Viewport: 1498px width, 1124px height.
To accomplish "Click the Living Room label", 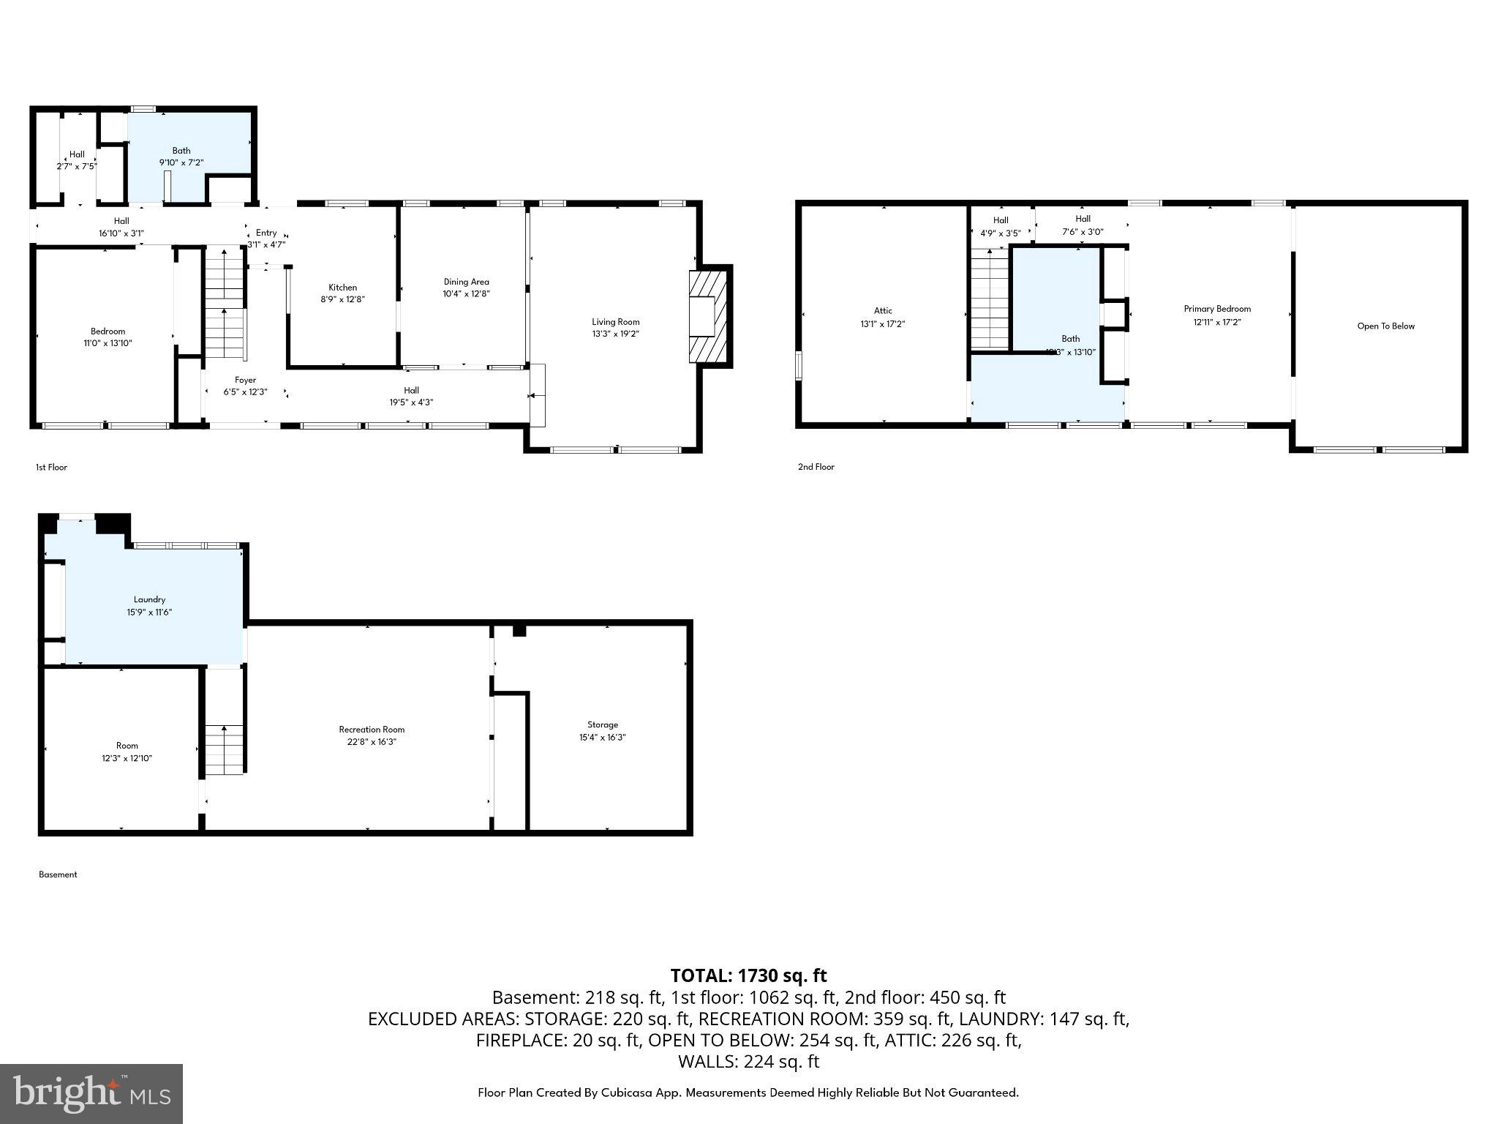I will coord(615,321).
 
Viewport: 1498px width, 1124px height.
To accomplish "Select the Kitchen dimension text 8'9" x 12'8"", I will coord(342,299).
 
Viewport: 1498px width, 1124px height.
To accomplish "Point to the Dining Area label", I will coord(466,282).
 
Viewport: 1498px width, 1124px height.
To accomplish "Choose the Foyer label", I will coord(245,380).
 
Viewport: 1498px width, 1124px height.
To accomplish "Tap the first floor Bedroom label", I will coord(108,331).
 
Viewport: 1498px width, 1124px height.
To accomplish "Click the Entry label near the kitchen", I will coord(266,233).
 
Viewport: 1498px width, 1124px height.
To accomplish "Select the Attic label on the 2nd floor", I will coord(883,310).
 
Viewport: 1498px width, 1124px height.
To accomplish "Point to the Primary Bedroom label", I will coord(1217,309).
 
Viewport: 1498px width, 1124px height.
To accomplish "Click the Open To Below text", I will coord(1385,326).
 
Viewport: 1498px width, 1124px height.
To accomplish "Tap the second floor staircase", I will coord(990,299).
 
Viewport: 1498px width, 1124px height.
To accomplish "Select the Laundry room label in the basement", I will coord(149,599).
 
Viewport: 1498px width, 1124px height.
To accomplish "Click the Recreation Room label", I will coord(372,729).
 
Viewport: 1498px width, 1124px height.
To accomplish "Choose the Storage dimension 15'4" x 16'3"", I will coord(602,738).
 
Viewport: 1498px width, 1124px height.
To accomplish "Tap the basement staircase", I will coord(224,749).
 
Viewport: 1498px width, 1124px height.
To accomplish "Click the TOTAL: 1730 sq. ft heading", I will coord(748,975).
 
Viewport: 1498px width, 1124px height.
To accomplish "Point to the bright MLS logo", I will coord(91,1093).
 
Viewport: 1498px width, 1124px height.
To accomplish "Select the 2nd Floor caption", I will coord(816,467).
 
